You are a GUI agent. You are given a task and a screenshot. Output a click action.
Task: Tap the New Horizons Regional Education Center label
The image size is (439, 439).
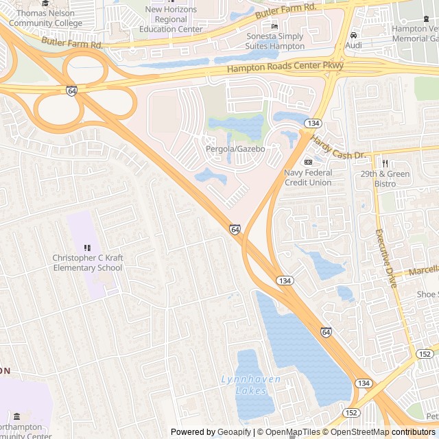(171, 19)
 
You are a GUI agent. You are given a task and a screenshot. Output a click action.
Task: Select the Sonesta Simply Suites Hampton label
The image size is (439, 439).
(275, 41)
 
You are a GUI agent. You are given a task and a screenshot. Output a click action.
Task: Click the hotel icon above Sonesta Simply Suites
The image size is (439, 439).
(275, 27)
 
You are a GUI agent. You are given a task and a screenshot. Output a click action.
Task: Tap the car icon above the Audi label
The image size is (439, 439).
(353, 35)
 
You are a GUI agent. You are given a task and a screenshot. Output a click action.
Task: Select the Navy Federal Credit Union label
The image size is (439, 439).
(308, 178)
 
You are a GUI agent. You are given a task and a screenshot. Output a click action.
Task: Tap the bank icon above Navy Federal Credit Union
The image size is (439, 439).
(308, 162)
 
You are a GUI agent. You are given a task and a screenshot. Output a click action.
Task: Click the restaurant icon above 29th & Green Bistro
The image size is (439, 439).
(385, 163)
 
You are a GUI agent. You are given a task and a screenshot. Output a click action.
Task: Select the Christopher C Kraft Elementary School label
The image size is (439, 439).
(87, 263)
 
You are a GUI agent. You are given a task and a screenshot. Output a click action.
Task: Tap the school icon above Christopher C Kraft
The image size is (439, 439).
(87, 248)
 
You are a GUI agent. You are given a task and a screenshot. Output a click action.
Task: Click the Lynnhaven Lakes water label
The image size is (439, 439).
(246, 384)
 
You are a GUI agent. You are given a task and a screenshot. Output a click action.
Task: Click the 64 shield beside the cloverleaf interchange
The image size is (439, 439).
(72, 91)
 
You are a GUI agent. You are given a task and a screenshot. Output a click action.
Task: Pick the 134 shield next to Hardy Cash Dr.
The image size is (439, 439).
(313, 123)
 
